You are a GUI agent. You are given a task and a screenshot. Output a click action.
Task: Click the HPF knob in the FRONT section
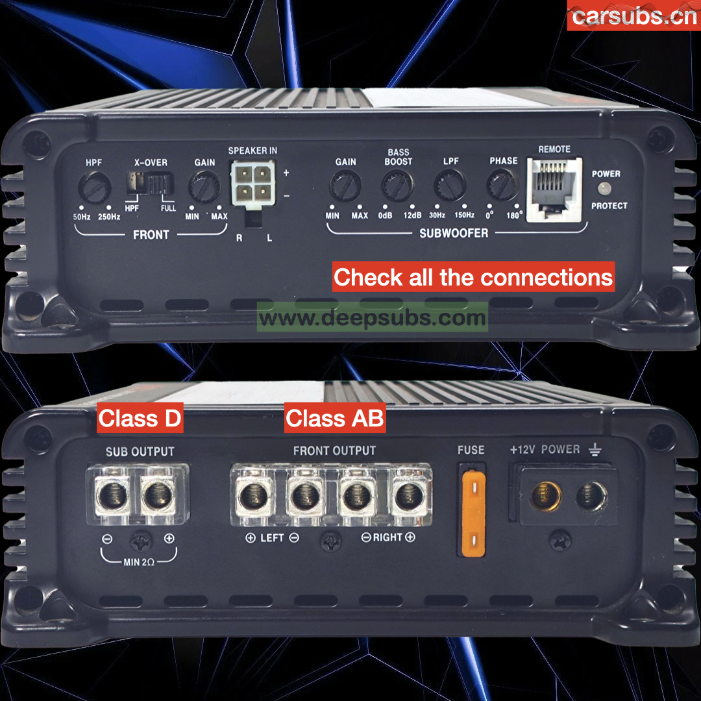coord(94,188)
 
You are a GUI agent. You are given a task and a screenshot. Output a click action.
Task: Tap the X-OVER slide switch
coord(150,183)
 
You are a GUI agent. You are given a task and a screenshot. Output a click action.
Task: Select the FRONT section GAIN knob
coord(204,187)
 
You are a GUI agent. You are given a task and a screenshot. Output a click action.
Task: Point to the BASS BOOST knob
coord(397,186)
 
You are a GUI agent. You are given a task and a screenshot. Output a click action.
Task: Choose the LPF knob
coord(450,185)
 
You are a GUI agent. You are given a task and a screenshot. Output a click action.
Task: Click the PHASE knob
coord(503,184)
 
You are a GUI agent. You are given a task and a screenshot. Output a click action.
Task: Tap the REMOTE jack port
coord(554,190)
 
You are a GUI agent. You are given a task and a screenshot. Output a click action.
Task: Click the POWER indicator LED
coord(604,188)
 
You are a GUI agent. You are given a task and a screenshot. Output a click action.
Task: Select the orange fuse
coord(473,513)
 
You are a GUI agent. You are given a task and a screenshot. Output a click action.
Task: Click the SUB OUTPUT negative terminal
coord(112,495)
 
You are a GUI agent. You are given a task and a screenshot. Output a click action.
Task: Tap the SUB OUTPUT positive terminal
coord(158,495)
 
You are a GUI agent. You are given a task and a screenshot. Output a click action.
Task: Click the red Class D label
coord(140,418)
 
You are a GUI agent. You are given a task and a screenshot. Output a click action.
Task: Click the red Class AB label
coord(335,418)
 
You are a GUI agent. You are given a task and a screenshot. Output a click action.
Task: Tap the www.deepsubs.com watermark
coord(373,318)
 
